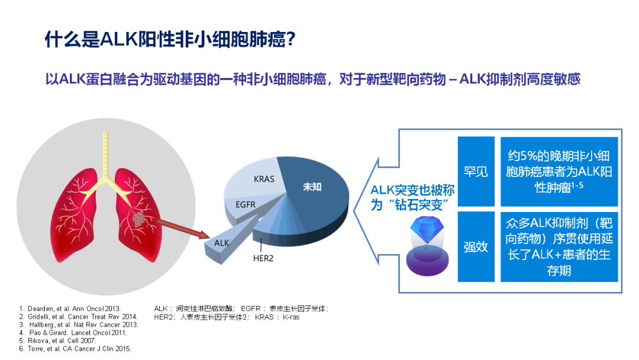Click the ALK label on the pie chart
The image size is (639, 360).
tap(222, 243)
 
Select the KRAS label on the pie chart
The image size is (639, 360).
tap(264, 179)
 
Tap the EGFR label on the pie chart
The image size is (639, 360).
tap(246, 205)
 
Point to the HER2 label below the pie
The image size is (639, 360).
tap(263, 259)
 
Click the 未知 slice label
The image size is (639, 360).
tap(312, 187)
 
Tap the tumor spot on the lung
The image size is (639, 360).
tap(138, 219)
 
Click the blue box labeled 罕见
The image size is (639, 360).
tap(476, 172)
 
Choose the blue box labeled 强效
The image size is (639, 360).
tap(476, 247)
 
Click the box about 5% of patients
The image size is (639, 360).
tap(559, 172)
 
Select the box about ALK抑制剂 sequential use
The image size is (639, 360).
tap(559, 247)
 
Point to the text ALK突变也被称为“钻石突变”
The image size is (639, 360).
tap(412, 197)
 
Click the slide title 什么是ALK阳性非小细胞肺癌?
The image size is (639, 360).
tap(170, 40)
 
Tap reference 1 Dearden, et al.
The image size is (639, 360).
tap(70, 308)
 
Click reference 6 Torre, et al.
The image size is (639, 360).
tap(75, 349)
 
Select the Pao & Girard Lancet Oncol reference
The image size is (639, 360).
tap(73, 333)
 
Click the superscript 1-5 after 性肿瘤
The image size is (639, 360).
tap(577, 185)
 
